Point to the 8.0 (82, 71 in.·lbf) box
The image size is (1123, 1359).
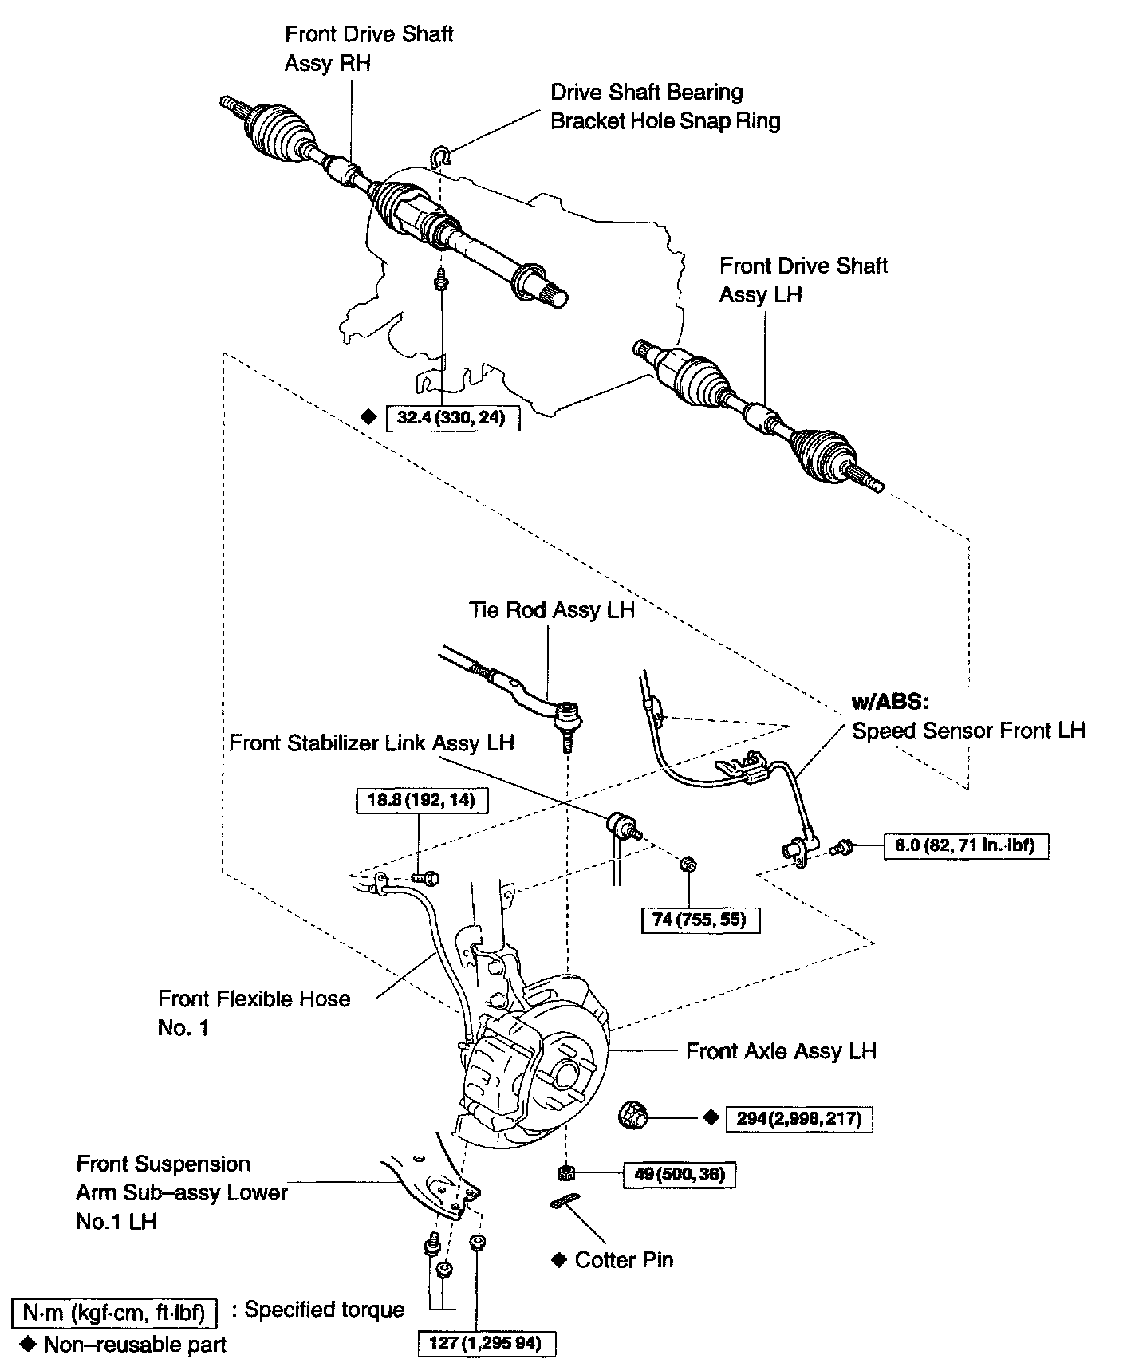pyautogui.click(x=965, y=845)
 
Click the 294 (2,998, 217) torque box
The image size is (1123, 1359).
pyautogui.click(x=798, y=1118)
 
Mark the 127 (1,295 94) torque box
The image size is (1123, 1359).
pyautogui.click(x=487, y=1343)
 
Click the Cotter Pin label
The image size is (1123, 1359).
pyautogui.click(x=624, y=1260)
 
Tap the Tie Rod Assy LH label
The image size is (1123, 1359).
pyautogui.click(x=552, y=610)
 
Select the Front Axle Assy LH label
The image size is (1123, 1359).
pyautogui.click(x=781, y=1051)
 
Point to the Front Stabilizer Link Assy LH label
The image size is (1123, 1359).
pyautogui.click(x=372, y=743)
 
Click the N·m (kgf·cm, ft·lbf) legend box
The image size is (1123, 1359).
pyautogui.click(x=115, y=1311)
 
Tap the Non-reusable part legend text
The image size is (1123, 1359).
pyautogui.click(x=135, y=1345)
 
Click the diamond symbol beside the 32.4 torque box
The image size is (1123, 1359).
pyautogui.click(x=368, y=416)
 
